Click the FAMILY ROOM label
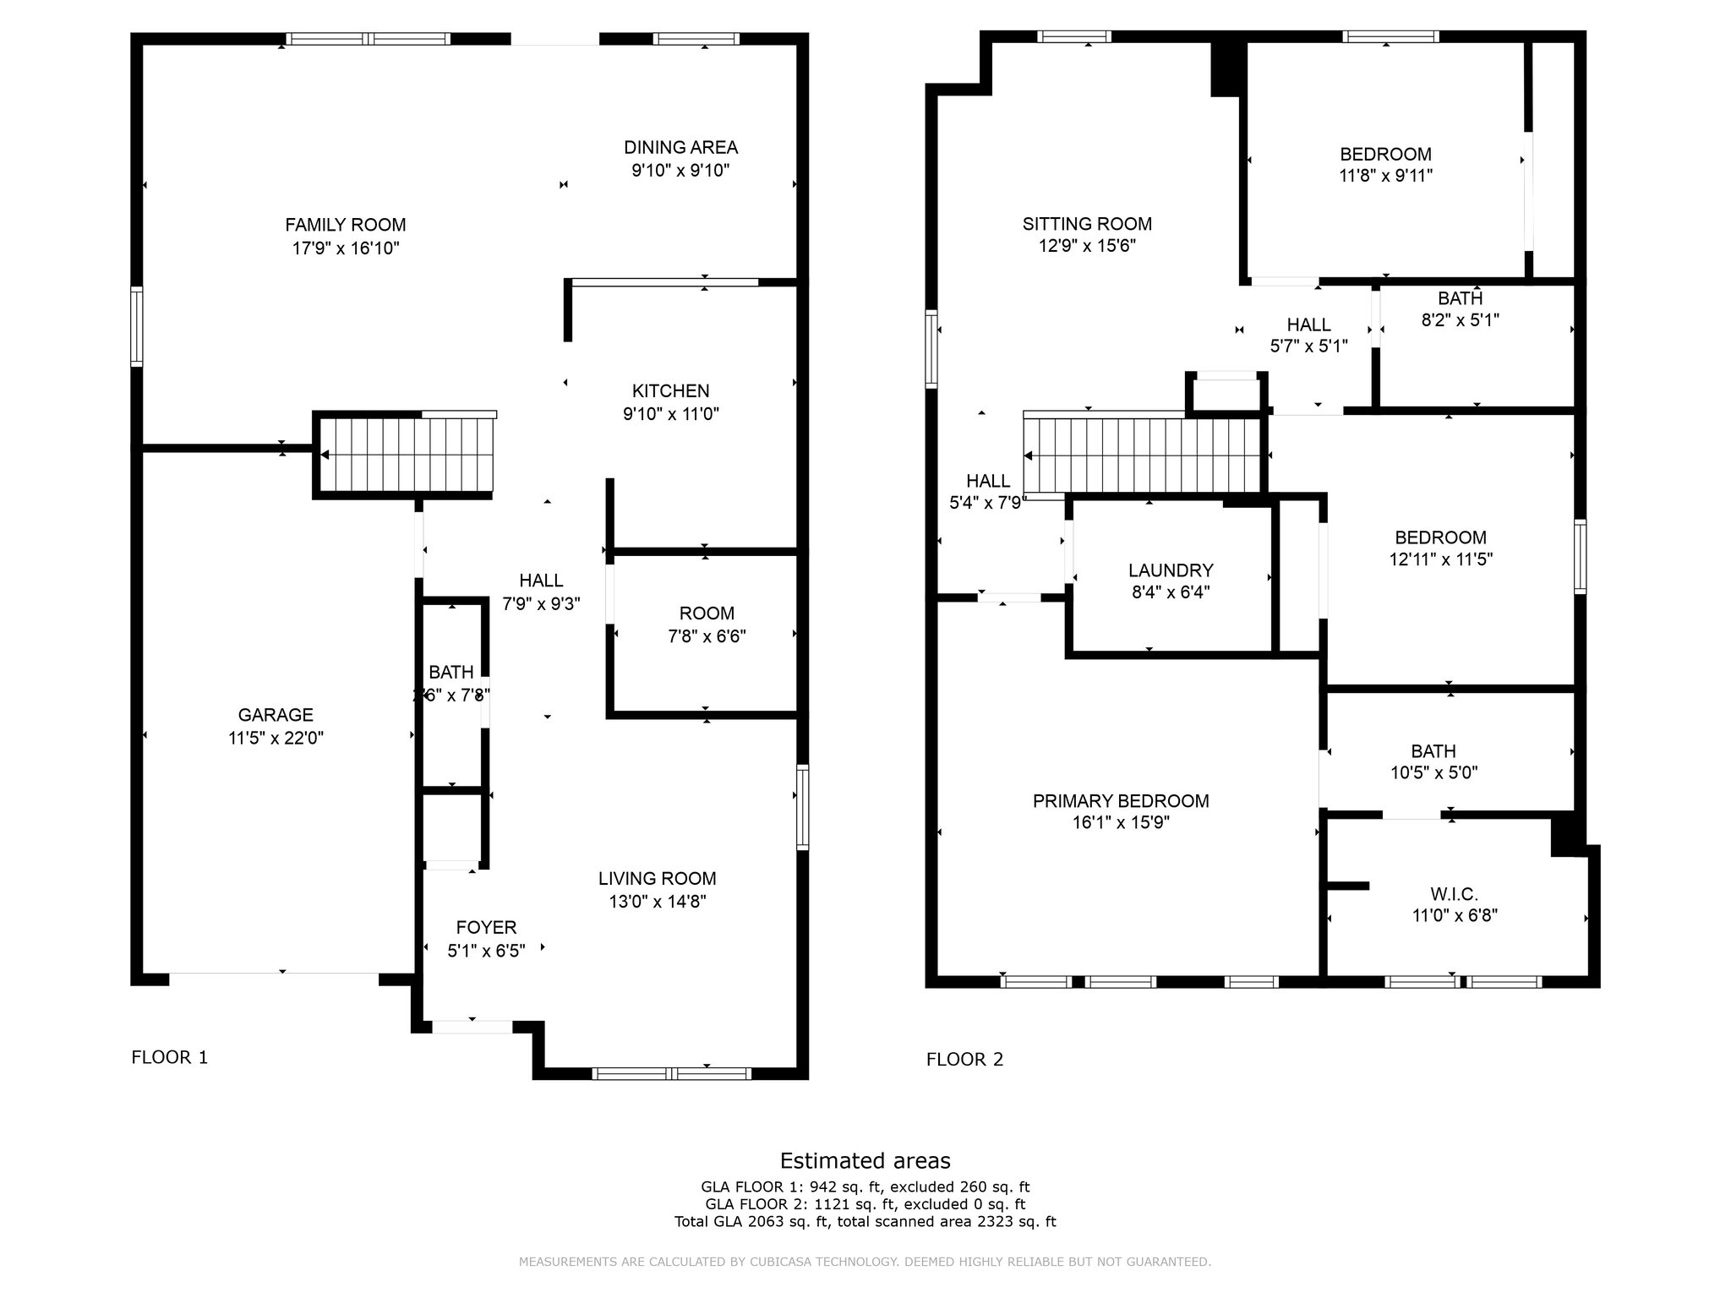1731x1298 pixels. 345,225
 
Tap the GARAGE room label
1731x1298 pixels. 276,715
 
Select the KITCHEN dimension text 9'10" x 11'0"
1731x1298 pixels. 671,414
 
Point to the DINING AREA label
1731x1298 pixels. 680,147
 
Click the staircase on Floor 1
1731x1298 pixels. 405,455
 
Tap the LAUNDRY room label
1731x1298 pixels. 1171,570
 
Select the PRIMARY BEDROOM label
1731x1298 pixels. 1121,801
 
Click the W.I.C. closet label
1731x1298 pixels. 1454,894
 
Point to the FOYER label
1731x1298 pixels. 486,928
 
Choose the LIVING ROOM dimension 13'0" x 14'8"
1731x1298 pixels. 658,902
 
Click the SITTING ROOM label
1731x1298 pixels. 1087,224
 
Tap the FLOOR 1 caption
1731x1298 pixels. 169,1057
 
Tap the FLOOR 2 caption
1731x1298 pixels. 964,1060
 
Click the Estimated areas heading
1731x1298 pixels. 865,1160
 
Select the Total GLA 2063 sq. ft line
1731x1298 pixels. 865,1221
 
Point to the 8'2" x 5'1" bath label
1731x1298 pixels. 1461,320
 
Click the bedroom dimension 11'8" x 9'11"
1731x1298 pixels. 1385,176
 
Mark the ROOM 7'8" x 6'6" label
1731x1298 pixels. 707,624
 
